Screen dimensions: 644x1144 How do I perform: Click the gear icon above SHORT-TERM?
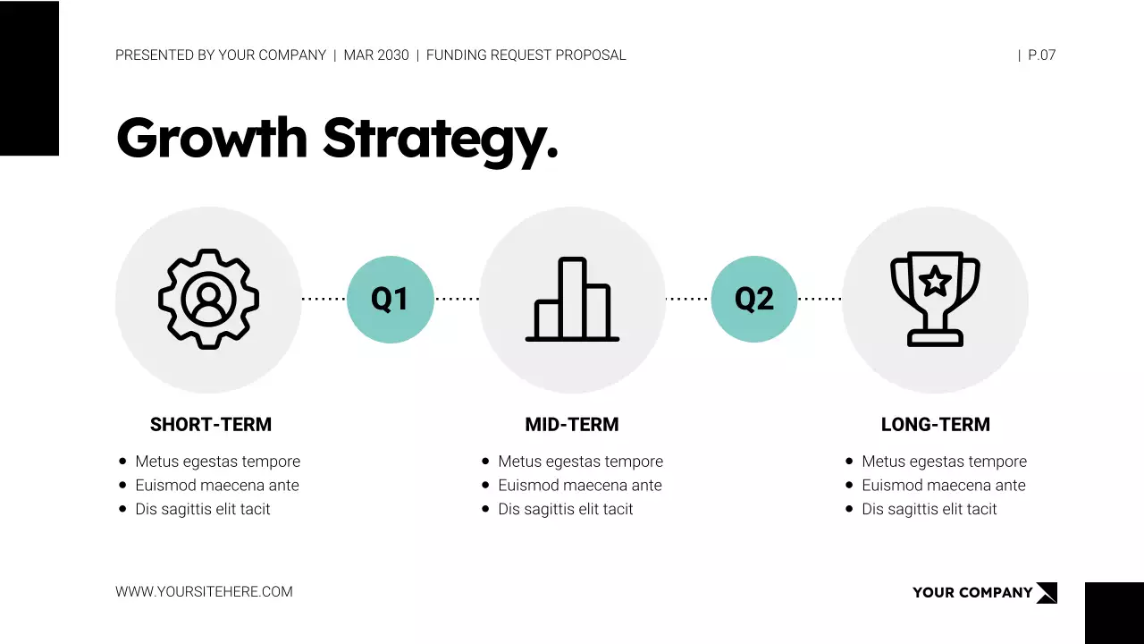[x=208, y=299]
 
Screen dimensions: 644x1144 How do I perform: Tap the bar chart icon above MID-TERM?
[x=572, y=299]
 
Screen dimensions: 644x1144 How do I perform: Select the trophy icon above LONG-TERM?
[x=935, y=299]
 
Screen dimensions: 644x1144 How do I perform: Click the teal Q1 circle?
[x=390, y=299]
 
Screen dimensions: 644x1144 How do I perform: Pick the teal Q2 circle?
[x=753, y=299]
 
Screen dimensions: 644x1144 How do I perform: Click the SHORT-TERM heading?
[x=211, y=425]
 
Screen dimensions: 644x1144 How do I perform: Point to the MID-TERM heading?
[x=572, y=425]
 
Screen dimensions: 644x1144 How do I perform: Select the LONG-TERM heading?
[x=936, y=425]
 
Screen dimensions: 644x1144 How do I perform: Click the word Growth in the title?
[x=212, y=138]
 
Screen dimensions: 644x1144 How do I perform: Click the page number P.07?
[x=1041, y=55]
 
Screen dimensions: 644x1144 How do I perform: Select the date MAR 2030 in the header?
[x=376, y=55]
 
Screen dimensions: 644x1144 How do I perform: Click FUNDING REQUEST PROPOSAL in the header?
[x=526, y=55]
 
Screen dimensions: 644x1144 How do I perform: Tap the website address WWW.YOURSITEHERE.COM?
[x=204, y=591]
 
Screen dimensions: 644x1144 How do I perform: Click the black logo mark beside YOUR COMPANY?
[x=1047, y=592]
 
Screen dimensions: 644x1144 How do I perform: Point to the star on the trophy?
[x=936, y=282]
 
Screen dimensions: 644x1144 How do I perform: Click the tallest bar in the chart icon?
[x=572, y=298]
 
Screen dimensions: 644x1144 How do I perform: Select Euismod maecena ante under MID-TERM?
[x=580, y=486]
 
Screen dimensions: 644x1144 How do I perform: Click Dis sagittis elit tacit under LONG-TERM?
[x=929, y=510]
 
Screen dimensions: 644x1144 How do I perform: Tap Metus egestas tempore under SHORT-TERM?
[x=217, y=462]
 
